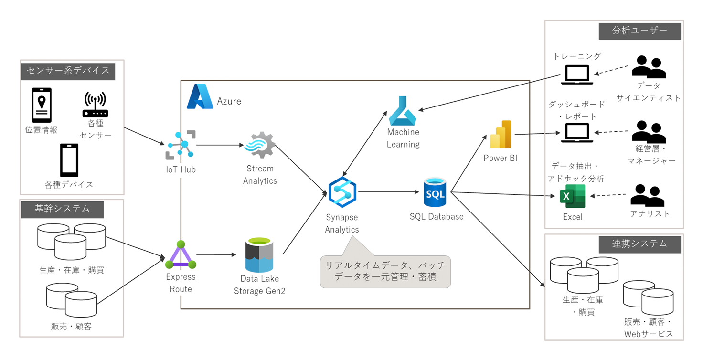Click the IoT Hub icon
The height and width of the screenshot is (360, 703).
point(181,144)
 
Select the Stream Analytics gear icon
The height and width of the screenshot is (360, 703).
point(259,145)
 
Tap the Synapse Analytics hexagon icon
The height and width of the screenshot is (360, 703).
point(342,191)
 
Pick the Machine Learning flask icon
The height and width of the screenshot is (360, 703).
point(403,111)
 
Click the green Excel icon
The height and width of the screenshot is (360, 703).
point(572,196)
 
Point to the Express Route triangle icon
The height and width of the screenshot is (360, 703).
point(181,256)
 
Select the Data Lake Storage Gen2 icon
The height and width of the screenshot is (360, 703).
point(259,256)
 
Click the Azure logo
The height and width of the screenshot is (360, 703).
point(200,97)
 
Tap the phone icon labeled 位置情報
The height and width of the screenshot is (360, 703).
point(42,105)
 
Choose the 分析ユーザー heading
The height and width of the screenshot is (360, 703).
point(639,31)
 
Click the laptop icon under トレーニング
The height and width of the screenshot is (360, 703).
point(577,74)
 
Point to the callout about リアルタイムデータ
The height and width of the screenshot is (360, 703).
point(385,271)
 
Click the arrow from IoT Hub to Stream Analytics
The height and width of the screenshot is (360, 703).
point(218,145)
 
